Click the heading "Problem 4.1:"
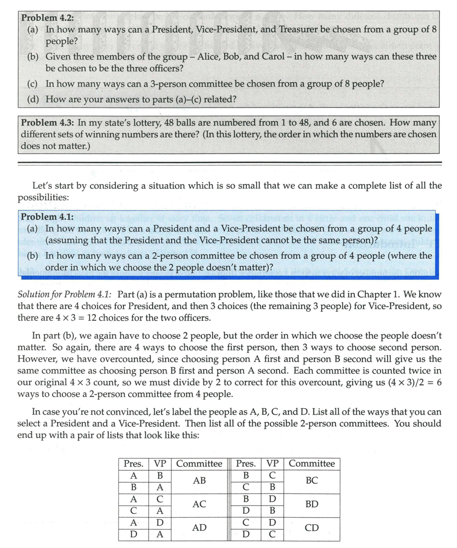coord(47,217)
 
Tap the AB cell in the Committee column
coord(199,481)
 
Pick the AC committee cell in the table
coord(199,504)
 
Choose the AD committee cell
coord(199,528)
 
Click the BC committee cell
coord(312,481)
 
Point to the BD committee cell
coord(312,504)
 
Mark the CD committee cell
coord(312,528)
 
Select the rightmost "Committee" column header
coord(312,463)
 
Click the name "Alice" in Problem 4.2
coord(209,57)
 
